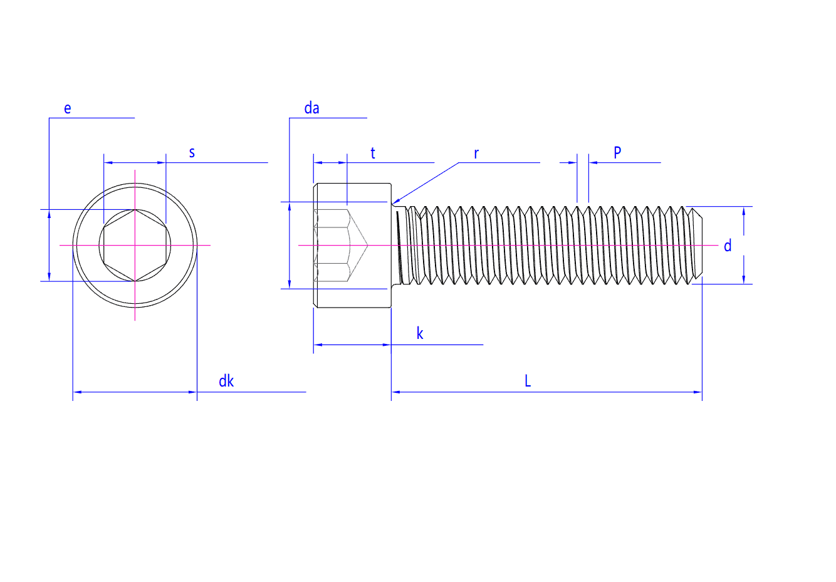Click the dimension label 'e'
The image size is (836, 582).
[x=68, y=108]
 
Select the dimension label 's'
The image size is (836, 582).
[x=192, y=152]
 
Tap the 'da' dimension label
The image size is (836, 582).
[x=311, y=108]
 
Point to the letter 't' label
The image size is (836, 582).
[x=373, y=153]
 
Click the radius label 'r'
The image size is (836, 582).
[x=476, y=153]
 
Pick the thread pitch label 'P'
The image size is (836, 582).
[x=617, y=152]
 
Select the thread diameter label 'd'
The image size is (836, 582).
[x=728, y=246]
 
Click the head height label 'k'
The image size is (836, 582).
[x=420, y=333]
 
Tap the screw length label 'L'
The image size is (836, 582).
[x=528, y=381]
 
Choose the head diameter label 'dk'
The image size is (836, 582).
[x=226, y=381]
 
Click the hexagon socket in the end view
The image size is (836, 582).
[x=135, y=246]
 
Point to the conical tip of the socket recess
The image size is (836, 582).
[x=367, y=245]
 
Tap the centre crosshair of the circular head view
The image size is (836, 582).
[x=135, y=245]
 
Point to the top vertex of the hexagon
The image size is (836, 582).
[x=135, y=210]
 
